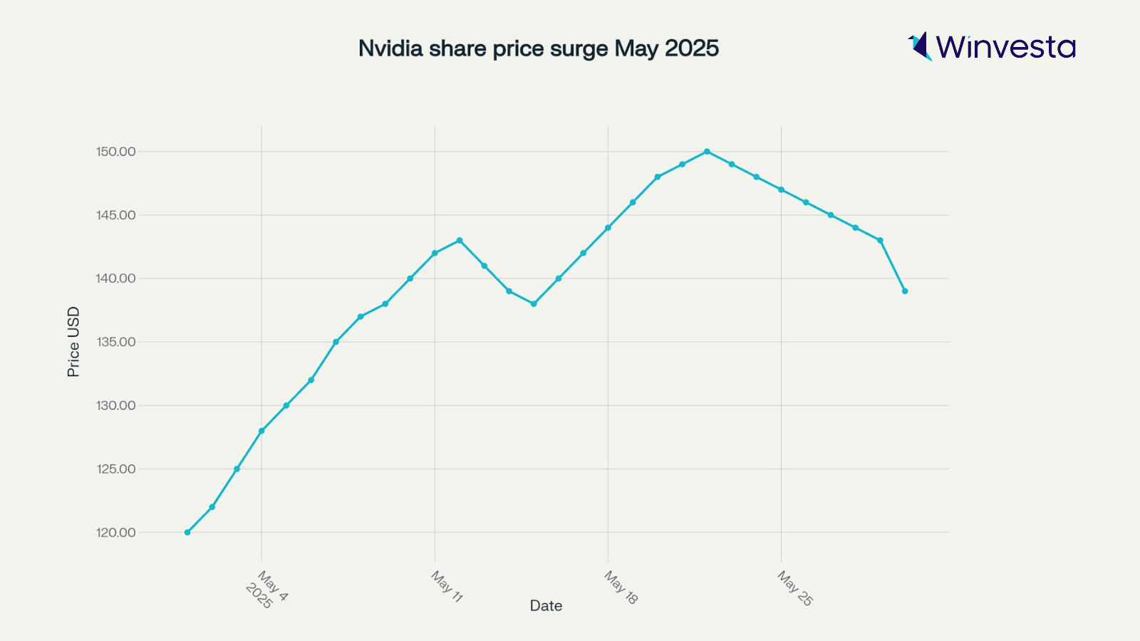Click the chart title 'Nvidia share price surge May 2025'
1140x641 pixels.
click(x=538, y=48)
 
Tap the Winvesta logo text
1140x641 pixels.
click(x=1005, y=47)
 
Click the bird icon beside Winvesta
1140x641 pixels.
click(x=920, y=46)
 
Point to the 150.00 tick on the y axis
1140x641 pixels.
click(x=115, y=152)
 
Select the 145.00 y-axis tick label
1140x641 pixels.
click(x=115, y=215)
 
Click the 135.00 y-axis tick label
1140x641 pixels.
click(x=115, y=342)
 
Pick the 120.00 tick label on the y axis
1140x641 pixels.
click(x=115, y=533)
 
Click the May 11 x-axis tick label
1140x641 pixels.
click(x=447, y=586)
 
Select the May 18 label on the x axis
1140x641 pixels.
click(x=621, y=587)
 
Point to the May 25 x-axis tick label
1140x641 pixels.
click(x=795, y=588)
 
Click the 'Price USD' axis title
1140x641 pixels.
click(x=73, y=342)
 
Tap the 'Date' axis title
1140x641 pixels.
click(x=546, y=606)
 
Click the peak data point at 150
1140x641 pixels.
click(x=707, y=152)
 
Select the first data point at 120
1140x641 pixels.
click(x=187, y=533)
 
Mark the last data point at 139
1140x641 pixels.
click(x=905, y=291)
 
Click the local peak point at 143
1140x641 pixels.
click(x=460, y=241)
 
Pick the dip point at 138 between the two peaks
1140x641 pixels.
click(x=534, y=304)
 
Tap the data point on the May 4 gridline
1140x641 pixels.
click(x=261, y=431)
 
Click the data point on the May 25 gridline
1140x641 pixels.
click(x=782, y=190)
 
